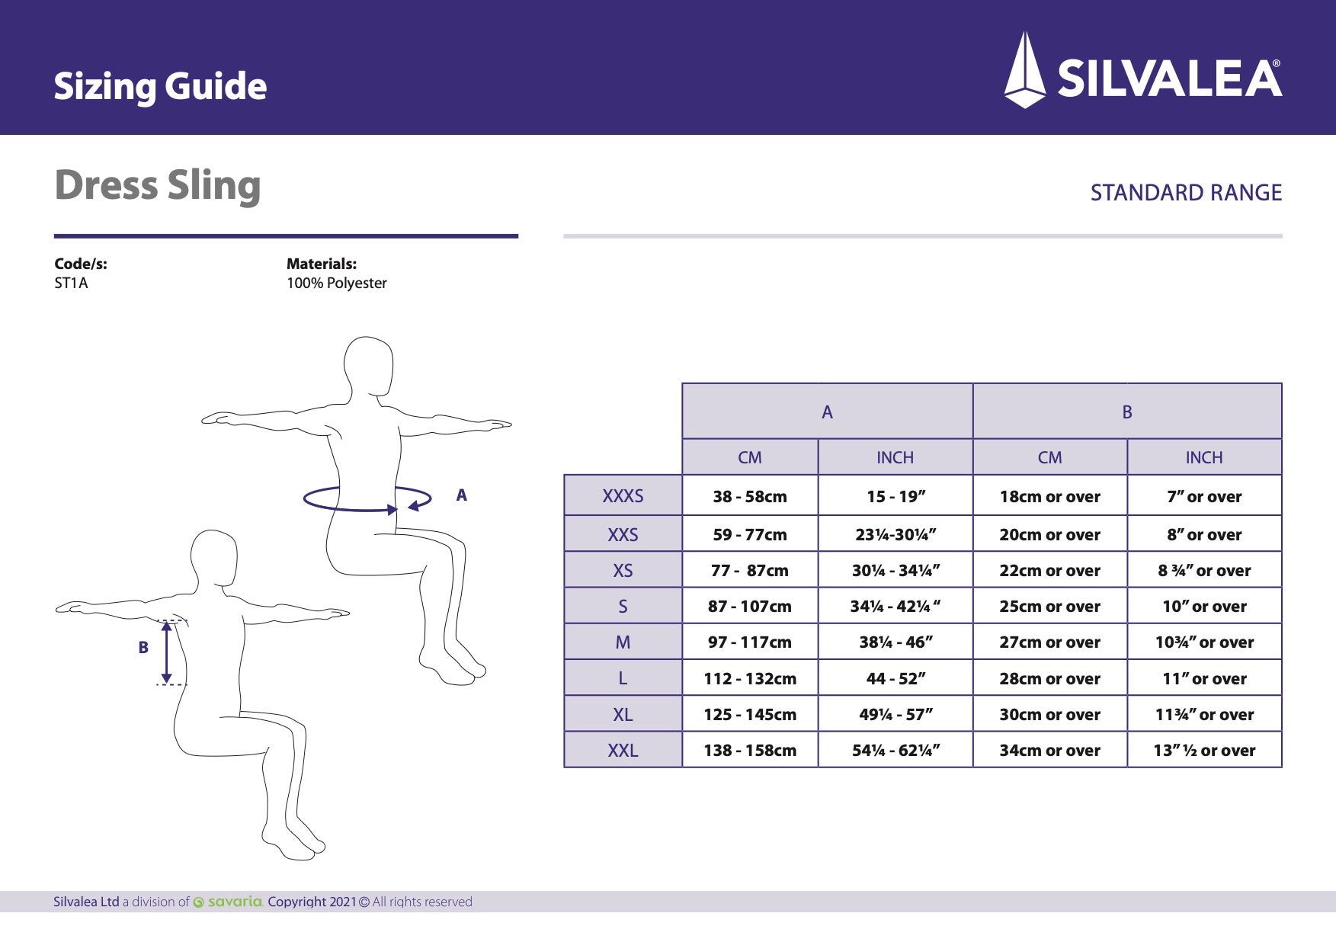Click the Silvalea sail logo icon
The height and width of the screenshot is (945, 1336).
[1025, 71]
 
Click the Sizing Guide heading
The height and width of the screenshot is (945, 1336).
[160, 86]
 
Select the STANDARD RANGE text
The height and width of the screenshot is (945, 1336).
[1186, 193]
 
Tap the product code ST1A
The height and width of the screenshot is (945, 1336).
[71, 283]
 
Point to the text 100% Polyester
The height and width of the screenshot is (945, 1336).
[336, 283]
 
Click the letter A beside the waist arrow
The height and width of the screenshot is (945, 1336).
[461, 495]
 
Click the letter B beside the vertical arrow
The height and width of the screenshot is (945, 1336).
[143, 648]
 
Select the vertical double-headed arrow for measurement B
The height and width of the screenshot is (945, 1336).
[167, 652]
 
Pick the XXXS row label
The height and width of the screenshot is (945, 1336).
[623, 496]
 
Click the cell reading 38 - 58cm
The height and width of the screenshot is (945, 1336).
[750, 497]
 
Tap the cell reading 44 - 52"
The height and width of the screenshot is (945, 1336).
[895, 678]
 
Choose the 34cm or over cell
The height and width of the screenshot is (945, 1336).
[1049, 751]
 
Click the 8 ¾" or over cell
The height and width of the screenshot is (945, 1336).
[1204, 571]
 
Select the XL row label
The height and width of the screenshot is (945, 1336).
[623, 715]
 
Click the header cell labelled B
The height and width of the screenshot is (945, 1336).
[1127, 412]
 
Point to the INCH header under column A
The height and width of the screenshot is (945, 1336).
[895, 457]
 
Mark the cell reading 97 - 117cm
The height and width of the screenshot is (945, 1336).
[750, 642]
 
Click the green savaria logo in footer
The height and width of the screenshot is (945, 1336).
[229, 902]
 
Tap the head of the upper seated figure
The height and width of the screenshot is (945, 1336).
[369, 364]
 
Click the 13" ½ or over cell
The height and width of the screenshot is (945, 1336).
[1204, 751]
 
